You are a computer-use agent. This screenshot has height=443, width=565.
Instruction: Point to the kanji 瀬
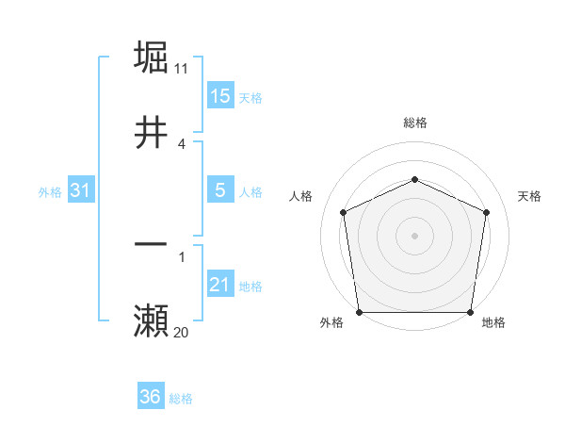pos(151,321)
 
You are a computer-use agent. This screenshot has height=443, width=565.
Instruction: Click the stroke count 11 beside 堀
pos(182,68)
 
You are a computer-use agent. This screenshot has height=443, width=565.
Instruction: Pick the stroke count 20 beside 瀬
pos(182,332)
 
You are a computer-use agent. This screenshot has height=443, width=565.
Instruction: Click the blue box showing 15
pos(220,96)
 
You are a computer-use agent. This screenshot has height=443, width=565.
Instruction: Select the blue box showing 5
pos(220,190)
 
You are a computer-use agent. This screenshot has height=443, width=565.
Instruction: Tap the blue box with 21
pos(220,285)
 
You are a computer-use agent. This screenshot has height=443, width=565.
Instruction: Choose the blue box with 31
pos(81,190)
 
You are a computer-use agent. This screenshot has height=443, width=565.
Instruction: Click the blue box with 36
pos(151,397)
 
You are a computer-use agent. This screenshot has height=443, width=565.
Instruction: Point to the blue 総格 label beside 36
pos(181,399)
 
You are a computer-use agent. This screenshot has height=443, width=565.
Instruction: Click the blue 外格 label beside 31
pos(50,192)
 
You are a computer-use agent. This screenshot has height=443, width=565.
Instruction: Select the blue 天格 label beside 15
pos(250,98)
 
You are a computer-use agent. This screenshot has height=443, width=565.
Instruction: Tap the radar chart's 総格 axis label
pos(414,123)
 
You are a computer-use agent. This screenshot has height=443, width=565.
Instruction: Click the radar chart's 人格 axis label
pos(300,196)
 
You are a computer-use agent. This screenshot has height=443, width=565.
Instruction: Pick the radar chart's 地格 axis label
pos(493,323)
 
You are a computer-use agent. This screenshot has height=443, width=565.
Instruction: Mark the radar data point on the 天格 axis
pos(486,212)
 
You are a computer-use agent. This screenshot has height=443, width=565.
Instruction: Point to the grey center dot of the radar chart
pos(414,235)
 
